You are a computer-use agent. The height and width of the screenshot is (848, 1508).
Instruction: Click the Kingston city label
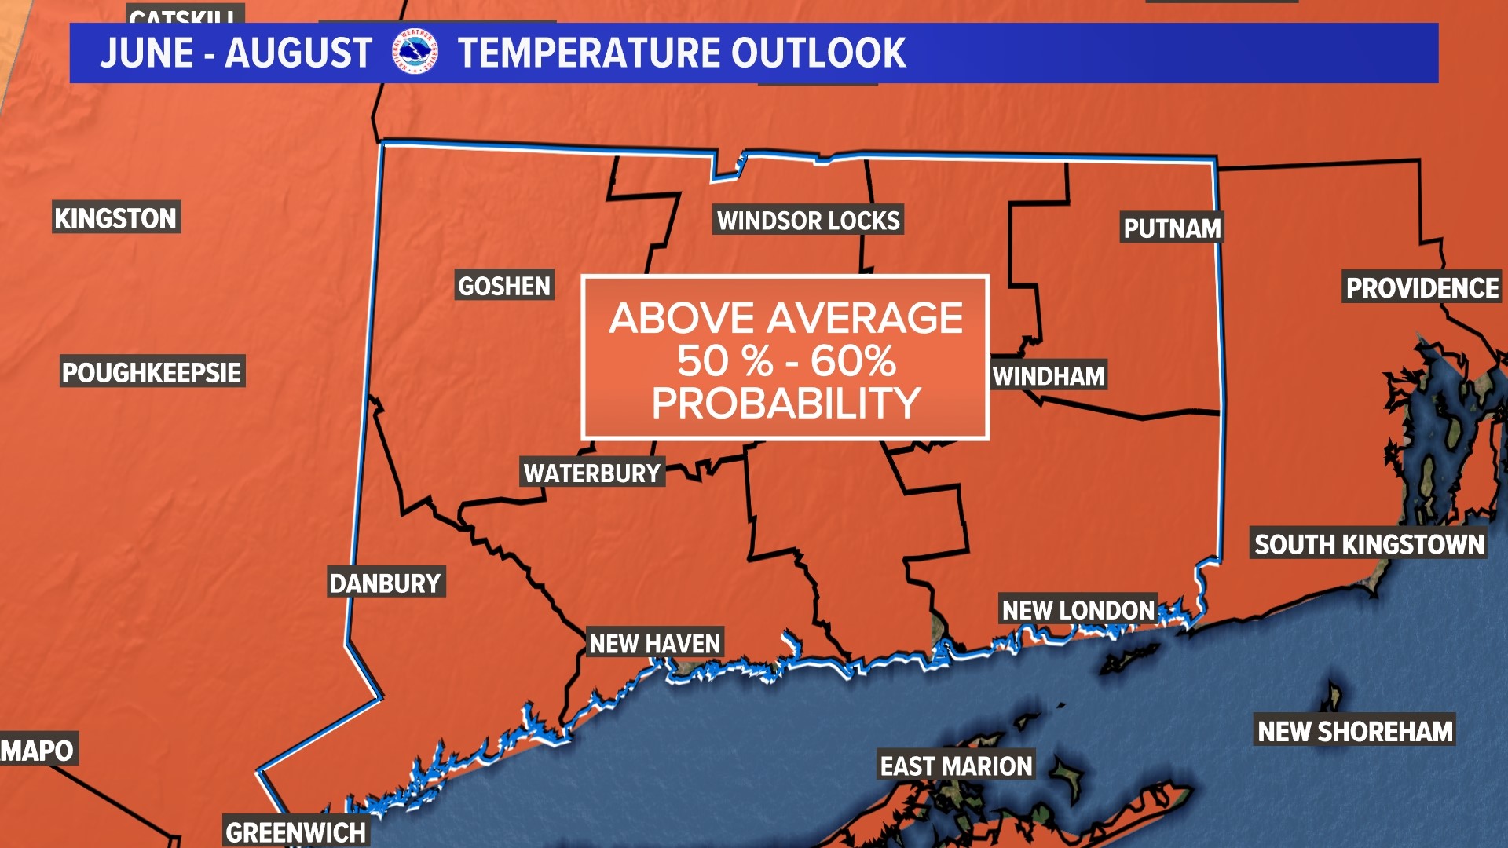pos(115,217)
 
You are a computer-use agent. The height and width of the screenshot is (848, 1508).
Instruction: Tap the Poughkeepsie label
pos(152,371)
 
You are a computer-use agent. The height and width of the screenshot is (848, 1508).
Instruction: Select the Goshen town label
pos(504,286)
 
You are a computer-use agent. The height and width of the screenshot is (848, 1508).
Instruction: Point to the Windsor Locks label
pos(808,221)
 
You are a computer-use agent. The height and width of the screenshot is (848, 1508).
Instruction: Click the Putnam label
pos(1172,228)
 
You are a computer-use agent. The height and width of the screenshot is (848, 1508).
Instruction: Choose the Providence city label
pos(1422,288)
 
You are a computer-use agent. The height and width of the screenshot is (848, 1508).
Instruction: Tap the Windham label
pos(1048,376)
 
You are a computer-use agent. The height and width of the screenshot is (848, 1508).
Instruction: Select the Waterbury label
pos(592,473)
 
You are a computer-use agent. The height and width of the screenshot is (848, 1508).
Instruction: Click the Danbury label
pos(385,583)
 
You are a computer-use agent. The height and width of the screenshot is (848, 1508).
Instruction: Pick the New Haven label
pos(654,643)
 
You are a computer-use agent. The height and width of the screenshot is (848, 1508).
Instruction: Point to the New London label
pos(1078,609)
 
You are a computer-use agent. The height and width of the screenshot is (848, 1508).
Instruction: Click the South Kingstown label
pos(1369,544)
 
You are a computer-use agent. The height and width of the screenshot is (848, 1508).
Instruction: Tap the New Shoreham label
pos(1355,731)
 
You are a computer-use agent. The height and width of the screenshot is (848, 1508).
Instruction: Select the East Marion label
pos(956,766)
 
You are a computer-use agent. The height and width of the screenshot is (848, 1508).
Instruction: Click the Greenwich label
pos(295,832)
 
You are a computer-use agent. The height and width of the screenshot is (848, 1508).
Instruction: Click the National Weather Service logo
pos(414,53)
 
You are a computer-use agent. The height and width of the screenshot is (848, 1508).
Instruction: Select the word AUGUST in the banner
pos(298,53)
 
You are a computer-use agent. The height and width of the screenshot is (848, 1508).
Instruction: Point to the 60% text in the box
pos(853,361)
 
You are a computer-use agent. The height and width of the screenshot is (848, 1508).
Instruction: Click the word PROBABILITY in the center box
pos(785,404)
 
